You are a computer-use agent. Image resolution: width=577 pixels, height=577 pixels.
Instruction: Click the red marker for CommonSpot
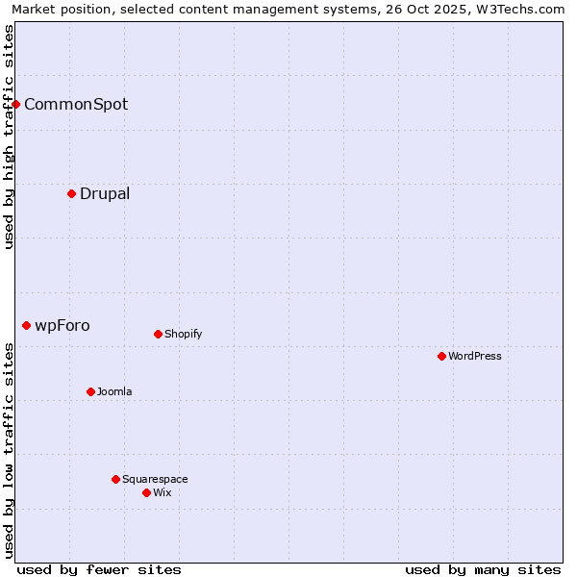click(16, 104)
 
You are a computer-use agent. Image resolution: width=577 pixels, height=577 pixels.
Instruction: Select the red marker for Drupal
click(71, 193)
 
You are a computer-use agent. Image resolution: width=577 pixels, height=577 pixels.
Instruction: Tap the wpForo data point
click(26, 326)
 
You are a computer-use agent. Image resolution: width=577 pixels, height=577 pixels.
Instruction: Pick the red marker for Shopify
click(158, 334)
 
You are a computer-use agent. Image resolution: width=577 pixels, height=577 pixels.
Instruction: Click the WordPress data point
click(441, 356)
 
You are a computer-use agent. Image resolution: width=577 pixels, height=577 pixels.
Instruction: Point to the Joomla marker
click(90, 391)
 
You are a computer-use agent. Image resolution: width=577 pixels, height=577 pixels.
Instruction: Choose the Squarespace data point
click(115, 479)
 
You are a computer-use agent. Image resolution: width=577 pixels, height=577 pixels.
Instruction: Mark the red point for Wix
click(146, 492)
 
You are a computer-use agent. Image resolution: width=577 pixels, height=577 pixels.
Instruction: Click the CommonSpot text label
click(76, 104)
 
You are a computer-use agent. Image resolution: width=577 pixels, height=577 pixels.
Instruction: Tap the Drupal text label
click(105, 193)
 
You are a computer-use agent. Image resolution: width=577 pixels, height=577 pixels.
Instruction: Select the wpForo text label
click(63, 326)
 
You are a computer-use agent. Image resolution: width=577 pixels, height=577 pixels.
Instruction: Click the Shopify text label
click(184, 334)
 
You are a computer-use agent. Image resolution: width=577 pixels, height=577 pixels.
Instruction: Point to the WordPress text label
click(475, 356)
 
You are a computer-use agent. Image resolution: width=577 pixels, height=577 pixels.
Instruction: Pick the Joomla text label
click(114, 391)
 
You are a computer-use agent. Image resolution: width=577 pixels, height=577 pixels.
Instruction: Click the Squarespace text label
click(155, 479)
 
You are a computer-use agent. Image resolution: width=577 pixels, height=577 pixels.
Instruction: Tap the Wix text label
click(163, 492)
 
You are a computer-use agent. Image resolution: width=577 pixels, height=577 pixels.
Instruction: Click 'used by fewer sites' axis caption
click(99, 569)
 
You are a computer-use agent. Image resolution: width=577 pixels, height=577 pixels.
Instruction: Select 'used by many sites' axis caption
click(483, 569)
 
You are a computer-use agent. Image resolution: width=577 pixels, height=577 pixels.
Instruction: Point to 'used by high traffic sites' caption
click(10, 138)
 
